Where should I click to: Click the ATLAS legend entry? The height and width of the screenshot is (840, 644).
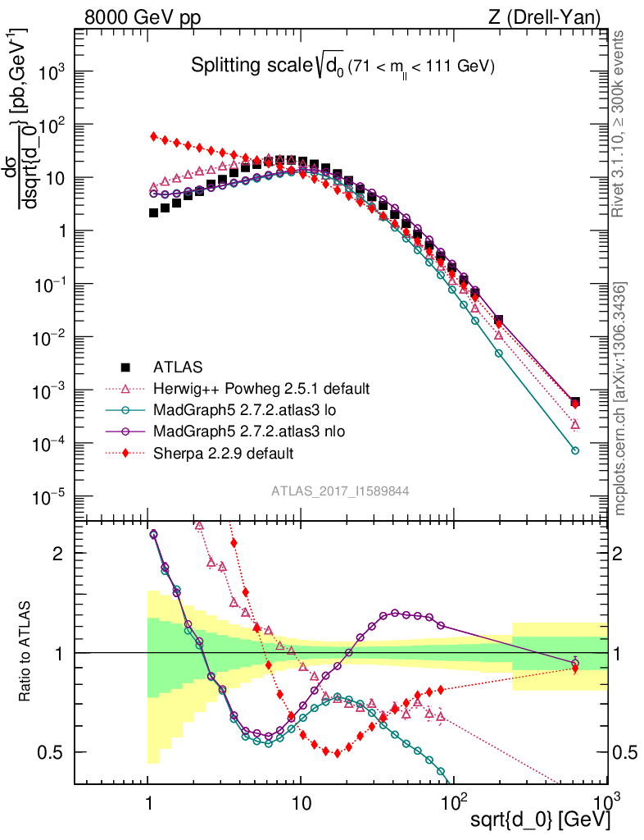(x=177, y=367)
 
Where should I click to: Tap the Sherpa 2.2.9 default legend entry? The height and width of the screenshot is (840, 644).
(x=224, y=452)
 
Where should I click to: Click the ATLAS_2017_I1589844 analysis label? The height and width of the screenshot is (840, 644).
(x=340, y=491)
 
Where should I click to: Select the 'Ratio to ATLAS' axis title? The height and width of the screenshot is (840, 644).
(x=27, y=652)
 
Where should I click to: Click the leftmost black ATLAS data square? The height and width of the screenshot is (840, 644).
(x=153, y=212)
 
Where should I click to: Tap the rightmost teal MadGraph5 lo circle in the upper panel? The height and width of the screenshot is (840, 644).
(x=575, y=450)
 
